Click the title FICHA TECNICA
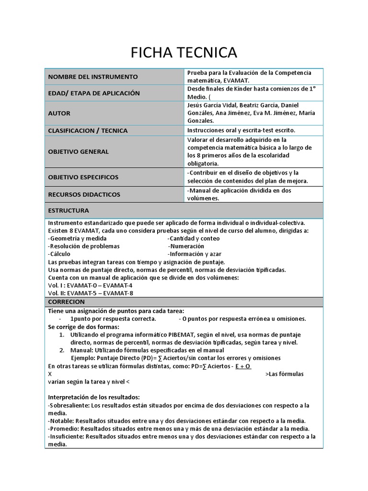tap(184, 52)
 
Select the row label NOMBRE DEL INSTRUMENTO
tap(92, 77)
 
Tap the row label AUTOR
tap(59, 113)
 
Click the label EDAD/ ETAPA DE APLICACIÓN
tap(94, 93)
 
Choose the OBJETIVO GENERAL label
tap(79, 152)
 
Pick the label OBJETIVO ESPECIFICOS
tap(83, 177)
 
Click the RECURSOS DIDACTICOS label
tap(84, 195)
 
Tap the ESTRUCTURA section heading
tap(69, 210)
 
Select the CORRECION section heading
tap(67, 302)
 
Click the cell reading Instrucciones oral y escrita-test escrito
tap(241, 130)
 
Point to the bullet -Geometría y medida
tap(78, 238)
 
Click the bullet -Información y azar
tap(195, 254)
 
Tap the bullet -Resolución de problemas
tap(84, 246)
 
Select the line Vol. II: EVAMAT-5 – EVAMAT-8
tap(91, 293)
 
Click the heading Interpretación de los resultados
tap(94, 397)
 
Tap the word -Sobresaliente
tap(68, 405)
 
